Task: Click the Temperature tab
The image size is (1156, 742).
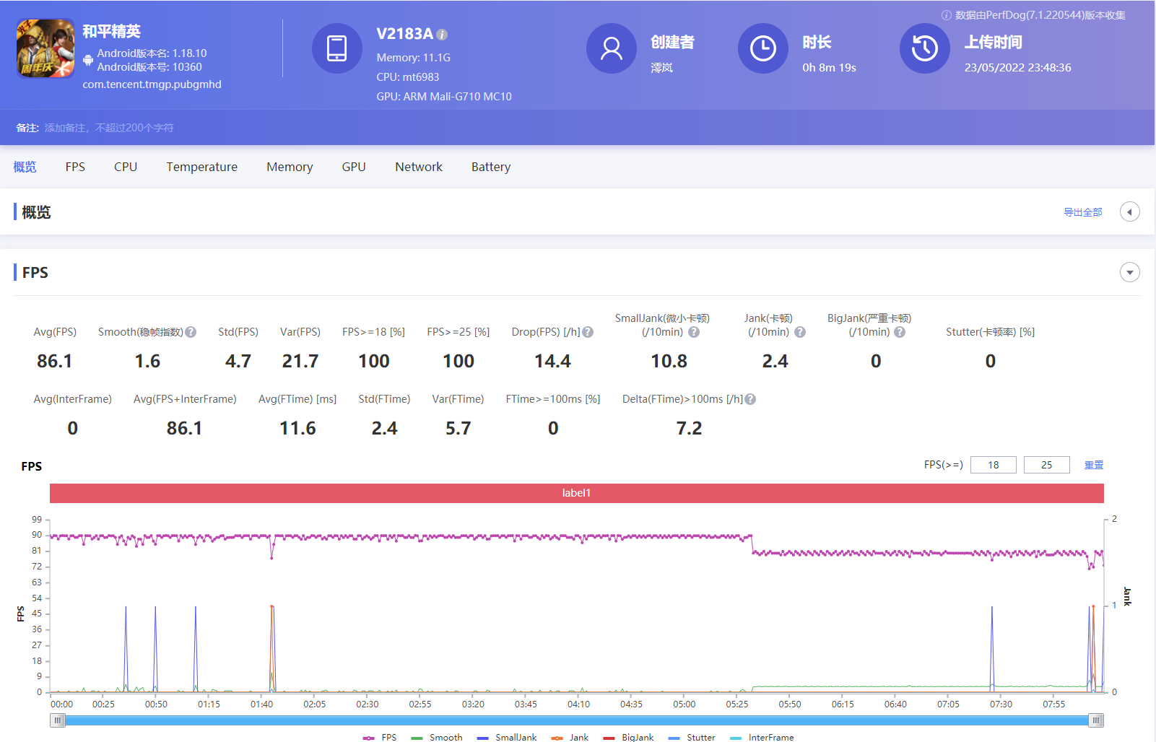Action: (201, 167)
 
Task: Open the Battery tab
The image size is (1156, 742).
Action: (490, 167)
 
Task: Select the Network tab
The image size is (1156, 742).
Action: (418, 167)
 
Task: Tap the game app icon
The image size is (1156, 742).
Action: (45, 48)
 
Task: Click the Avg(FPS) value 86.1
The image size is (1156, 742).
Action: (54, 361)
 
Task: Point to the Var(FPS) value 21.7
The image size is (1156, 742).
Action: (300, 361)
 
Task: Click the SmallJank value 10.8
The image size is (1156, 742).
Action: (669, 361)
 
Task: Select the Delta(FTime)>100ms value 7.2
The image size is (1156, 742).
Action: (689, 428)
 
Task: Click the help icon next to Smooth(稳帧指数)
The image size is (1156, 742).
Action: (191, 332)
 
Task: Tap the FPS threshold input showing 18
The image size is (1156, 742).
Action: (993, 465)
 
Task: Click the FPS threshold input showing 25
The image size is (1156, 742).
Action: (1046, 465)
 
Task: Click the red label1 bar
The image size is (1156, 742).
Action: (576, 493)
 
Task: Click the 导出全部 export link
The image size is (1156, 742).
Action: (1082, 212)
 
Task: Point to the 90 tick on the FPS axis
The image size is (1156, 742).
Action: (37, 535)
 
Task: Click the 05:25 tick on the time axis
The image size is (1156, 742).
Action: (736, 704)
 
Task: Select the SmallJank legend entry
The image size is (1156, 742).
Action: (507, 737)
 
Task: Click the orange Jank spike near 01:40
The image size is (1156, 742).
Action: (271, 608)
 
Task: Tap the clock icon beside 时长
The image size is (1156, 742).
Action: (762, 48)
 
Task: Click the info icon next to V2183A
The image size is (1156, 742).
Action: (442, 35)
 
